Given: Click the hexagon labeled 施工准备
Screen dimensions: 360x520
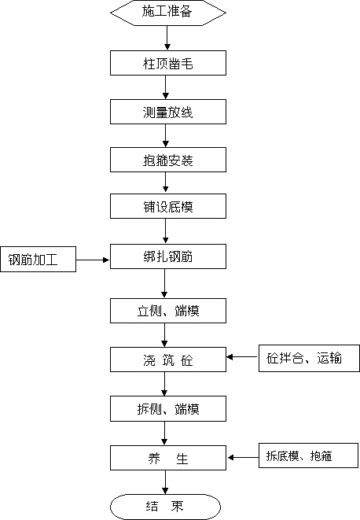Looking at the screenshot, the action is pos(168,13).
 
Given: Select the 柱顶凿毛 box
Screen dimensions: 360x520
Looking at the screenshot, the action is pos(168,63).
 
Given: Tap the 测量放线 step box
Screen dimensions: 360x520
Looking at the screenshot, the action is pos(168,112).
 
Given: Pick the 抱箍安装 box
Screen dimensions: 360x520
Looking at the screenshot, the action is pos(168,160).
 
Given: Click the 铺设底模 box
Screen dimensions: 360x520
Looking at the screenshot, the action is pos(168,206).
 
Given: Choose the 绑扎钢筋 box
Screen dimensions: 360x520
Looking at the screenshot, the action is pos(168,256).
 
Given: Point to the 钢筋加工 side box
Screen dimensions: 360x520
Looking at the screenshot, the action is pos(38,260).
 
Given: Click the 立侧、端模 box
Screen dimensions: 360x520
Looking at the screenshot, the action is pos(168,311).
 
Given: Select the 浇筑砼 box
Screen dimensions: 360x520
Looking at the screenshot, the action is pos(168,360).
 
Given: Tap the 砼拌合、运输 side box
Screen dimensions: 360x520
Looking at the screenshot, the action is pos(309,358).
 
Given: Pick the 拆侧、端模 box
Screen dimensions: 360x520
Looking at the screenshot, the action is pos(168,408).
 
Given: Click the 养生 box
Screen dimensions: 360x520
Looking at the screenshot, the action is pos(168,458).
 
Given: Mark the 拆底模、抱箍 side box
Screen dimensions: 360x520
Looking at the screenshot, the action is pos(308,455).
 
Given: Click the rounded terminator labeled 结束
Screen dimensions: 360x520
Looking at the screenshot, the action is pos(165,507).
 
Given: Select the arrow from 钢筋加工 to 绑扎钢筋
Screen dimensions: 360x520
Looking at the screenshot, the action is pos(93,260).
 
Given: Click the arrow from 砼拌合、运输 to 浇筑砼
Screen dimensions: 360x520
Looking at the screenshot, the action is pos(243,357).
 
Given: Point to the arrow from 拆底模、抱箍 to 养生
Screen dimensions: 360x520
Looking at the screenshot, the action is pos(244,458).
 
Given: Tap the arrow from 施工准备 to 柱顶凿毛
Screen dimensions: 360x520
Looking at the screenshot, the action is pos(167,38).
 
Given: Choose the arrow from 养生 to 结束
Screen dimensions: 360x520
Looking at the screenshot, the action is pos(165,482).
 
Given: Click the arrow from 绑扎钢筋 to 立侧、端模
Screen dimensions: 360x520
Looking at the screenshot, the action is pos(164,283).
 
